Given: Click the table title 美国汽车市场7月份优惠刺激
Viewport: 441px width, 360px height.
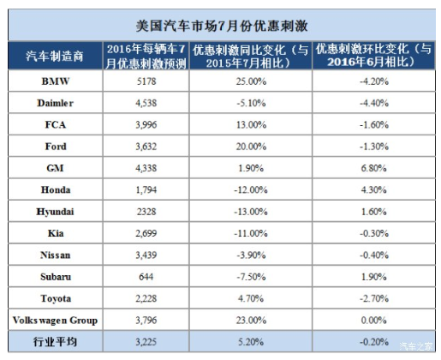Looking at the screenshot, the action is click(x=222, y=26).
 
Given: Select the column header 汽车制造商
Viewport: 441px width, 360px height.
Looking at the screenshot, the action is click(x=55, y=56).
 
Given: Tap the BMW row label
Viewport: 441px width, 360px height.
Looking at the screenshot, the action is click(x=56, y=81).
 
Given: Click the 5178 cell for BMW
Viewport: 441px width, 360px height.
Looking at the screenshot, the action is click(x=146, y=81).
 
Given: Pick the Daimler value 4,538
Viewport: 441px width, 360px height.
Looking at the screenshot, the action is click(x=146, y=103).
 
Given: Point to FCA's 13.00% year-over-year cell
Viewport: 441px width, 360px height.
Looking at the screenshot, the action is click(x=251, y=124).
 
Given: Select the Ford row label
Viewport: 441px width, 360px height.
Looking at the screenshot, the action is click(x=56, y=147).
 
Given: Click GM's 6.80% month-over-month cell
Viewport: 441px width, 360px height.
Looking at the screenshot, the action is click(x=374, y=168).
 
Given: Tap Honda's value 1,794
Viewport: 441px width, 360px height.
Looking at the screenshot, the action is click(x=146, y=189).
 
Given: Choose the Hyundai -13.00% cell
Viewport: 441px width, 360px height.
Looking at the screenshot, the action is click(x=251, y=212).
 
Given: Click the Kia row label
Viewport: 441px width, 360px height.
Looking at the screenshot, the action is click(x=56, y=233).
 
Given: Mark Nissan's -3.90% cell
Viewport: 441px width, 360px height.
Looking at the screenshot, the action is click(x=251, y=255).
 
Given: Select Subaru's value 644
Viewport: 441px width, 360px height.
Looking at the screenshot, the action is click(x=146, y=277).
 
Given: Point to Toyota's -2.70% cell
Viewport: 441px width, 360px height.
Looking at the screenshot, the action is click(x=374, y=298).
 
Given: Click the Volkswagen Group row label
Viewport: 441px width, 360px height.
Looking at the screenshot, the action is click(x=55, y=321).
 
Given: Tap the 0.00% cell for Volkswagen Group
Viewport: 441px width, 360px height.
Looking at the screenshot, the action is click(x=374, y=320).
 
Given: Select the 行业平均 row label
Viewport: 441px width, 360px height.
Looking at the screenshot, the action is click(x=55, y=341).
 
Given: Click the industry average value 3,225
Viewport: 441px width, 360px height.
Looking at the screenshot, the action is click(x=146, y=342).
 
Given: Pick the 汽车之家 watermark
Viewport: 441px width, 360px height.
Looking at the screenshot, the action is click(x=415, y=346).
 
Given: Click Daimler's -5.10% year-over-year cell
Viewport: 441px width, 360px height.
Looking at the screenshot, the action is click(x=251, y=103).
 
